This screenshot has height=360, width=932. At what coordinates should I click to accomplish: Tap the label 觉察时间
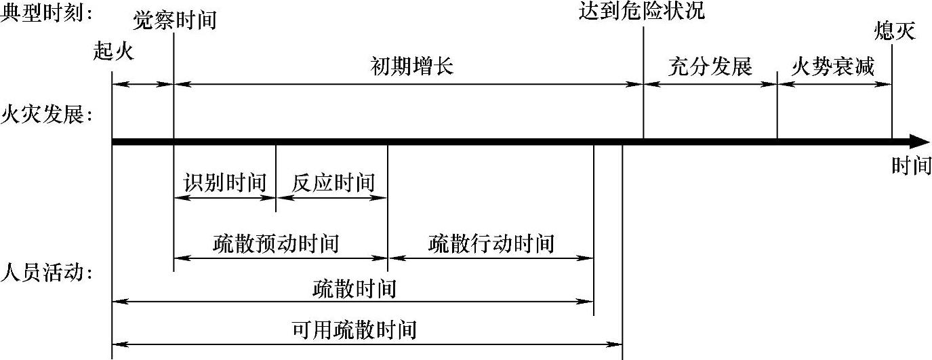(x=174, y=20)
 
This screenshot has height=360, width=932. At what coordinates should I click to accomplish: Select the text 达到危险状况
(x=642, y=11)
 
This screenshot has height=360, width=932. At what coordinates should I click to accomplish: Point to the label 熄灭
(x=895, y=31)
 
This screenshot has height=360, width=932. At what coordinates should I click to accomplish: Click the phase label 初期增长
(x=411, y=66)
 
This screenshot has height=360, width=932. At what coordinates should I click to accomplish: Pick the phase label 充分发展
(x=710, y=66)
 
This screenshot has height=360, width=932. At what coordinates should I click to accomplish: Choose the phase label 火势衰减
(x=833, y=66)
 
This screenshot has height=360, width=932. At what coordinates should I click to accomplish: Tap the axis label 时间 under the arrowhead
(x=911, y=165)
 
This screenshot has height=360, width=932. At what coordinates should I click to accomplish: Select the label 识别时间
(x=225, y=182)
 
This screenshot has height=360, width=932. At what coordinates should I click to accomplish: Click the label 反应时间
(x=333, y=182)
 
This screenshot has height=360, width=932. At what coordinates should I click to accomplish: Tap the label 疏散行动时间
(x=491, y=243)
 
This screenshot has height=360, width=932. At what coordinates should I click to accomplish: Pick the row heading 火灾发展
(x=47, y=113)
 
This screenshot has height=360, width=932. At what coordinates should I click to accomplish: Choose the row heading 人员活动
(x=47, y=273)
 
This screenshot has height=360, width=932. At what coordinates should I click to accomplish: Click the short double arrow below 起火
(x=143, y=84)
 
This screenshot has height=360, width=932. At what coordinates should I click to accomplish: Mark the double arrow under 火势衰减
(x=834, y=84)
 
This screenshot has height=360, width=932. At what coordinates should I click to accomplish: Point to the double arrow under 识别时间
(x=225, y=199)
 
